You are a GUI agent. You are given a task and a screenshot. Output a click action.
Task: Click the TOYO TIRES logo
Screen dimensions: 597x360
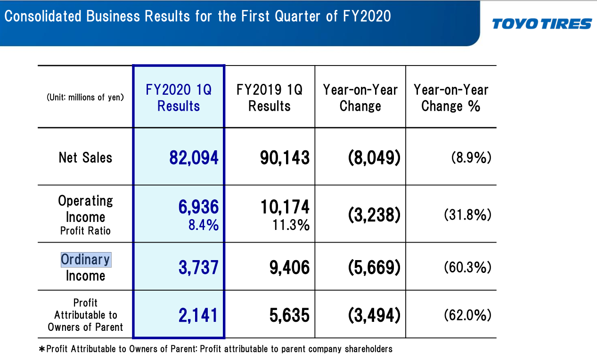[x=541, y=24]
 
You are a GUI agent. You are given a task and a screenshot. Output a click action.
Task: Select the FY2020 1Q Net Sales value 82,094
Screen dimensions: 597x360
[x=194, y=157]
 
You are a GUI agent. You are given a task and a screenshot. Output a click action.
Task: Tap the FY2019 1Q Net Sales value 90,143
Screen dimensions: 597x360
[x=285, y=157]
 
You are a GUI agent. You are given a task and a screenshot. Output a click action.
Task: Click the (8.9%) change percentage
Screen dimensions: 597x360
[x=471, y=157]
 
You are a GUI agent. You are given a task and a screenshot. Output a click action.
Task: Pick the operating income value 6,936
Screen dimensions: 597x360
[x=198, y=206]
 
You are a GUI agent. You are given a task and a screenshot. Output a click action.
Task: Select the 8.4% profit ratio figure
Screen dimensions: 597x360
[x=204, y=225]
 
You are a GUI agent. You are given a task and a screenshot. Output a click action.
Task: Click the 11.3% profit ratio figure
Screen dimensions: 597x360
[x=291, y=225]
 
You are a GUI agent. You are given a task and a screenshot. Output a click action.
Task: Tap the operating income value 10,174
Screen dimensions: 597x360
[x=285, y=206]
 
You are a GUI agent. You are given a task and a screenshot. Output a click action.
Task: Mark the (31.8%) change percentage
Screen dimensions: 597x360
[x=467, y=214]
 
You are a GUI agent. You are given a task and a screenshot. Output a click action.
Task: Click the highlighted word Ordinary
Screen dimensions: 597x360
[x=86, y=260]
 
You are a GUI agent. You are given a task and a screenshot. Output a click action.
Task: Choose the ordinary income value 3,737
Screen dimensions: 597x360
[x=198, y=267]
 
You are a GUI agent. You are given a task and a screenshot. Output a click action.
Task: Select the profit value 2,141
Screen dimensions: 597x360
[x=198, y=315]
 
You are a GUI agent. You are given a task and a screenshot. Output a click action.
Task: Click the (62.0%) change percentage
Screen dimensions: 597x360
[x=467, y=315]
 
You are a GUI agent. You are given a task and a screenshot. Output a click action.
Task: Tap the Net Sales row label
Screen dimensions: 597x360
[x=85, y=157]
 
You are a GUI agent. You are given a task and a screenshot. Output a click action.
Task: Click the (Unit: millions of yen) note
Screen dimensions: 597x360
[x=85, y=97]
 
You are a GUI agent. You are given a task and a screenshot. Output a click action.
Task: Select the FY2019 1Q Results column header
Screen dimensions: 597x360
[x=270, y=98]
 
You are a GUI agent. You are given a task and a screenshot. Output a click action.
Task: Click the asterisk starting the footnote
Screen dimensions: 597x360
[x=42, y=349]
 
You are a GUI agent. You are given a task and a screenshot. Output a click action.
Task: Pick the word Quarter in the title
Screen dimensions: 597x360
[x=297, y=16]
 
